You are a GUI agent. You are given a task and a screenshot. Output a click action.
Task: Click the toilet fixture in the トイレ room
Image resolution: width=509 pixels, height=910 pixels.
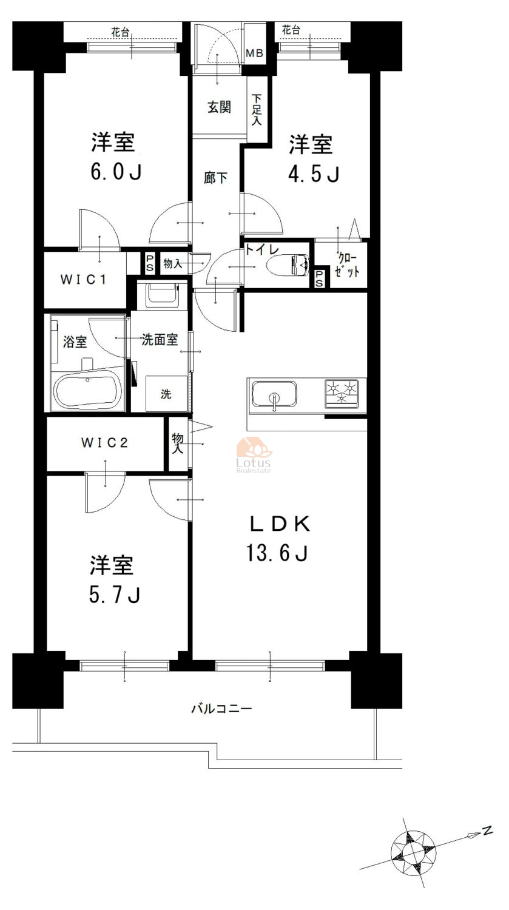point(288,265)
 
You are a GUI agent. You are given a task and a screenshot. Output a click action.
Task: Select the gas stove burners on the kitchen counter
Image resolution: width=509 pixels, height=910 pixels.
point(342,393)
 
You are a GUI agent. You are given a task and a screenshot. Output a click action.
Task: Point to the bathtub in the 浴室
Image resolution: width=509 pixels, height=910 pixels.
point(88,391)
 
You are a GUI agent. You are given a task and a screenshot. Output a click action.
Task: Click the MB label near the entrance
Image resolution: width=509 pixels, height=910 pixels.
point(255,53)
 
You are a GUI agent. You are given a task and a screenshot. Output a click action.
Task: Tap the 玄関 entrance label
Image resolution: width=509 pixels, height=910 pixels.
point(220,107)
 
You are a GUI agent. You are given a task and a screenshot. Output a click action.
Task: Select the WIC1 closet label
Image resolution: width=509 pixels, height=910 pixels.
point(83,280)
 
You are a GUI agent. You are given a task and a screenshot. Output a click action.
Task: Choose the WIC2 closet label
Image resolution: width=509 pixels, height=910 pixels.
point(104,442)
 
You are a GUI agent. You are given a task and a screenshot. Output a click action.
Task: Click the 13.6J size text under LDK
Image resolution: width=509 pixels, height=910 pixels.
point(277,553)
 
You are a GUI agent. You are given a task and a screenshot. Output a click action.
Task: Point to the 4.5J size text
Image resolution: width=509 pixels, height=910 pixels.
point(314,174)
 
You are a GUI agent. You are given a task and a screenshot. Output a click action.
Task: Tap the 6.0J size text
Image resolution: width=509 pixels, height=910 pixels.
point(116,172)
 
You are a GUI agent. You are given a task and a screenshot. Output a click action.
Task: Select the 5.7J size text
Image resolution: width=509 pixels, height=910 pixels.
point(115,595)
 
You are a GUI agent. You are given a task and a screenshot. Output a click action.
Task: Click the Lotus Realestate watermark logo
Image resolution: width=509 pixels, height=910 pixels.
point(254,455)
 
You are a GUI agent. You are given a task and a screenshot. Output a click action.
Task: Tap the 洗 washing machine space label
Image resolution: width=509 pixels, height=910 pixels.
point(166,394)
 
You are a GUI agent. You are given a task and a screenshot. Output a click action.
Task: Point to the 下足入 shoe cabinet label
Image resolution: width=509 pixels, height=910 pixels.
point(257,110)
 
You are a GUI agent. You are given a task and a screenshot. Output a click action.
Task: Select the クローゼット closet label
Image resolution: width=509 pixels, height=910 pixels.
point(347,265)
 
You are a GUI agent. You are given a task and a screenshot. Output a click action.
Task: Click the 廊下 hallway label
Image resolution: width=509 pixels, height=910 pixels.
point(215,178)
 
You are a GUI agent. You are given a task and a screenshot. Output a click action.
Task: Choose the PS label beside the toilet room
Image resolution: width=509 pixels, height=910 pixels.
point(319,278)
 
